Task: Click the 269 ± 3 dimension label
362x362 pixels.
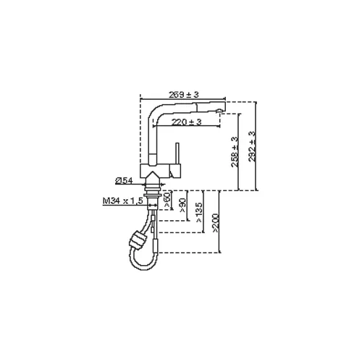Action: pos(184,95)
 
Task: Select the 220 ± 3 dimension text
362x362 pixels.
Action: pos(186,122)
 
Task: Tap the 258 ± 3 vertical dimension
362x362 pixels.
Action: pos(235,152)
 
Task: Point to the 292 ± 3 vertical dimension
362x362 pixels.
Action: pos(251,146)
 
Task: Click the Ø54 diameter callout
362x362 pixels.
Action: pos(124,180)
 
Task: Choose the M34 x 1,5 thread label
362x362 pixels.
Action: pos(123,201)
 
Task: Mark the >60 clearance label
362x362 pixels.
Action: pos(167,200)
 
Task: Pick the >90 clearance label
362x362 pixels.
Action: pos(182,205)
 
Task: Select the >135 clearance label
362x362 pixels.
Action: pos(199,212)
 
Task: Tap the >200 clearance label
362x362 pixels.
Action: pos(216,223)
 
